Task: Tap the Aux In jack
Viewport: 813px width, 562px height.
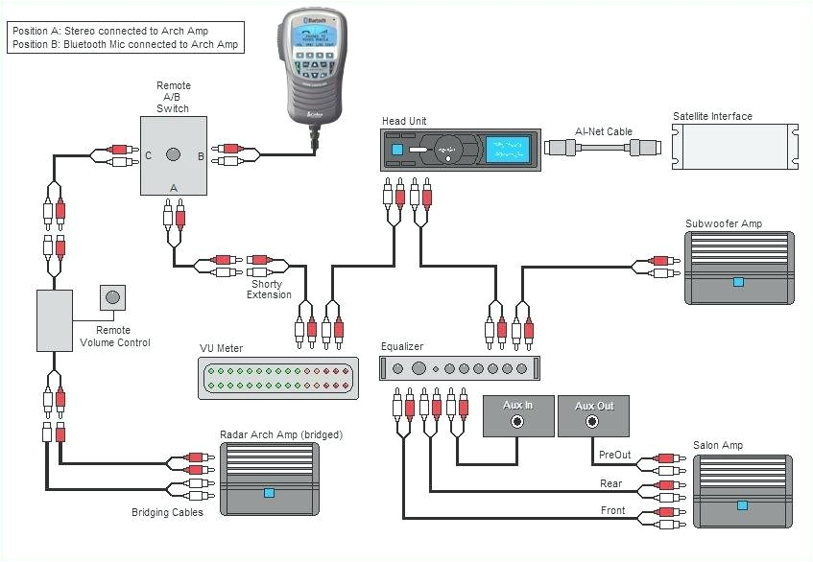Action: (517, 419)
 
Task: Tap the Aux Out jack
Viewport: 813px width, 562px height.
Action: (593, 419)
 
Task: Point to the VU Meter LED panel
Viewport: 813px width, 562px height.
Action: (278, 378)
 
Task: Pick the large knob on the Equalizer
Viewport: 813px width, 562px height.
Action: (418, 368)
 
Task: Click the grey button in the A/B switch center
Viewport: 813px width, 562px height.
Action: (174, 154)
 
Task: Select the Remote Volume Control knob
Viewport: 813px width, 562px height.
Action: (113, 297)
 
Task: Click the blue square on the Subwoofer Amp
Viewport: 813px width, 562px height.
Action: (737, 282)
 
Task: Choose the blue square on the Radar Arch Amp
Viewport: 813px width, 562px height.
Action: (269, 493)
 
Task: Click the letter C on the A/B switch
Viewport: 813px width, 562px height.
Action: (148, 154)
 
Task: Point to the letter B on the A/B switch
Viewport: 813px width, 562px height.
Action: (200, 154)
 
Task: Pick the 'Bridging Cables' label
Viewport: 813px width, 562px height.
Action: (167, 513)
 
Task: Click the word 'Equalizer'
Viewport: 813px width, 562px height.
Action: (401, 346)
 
